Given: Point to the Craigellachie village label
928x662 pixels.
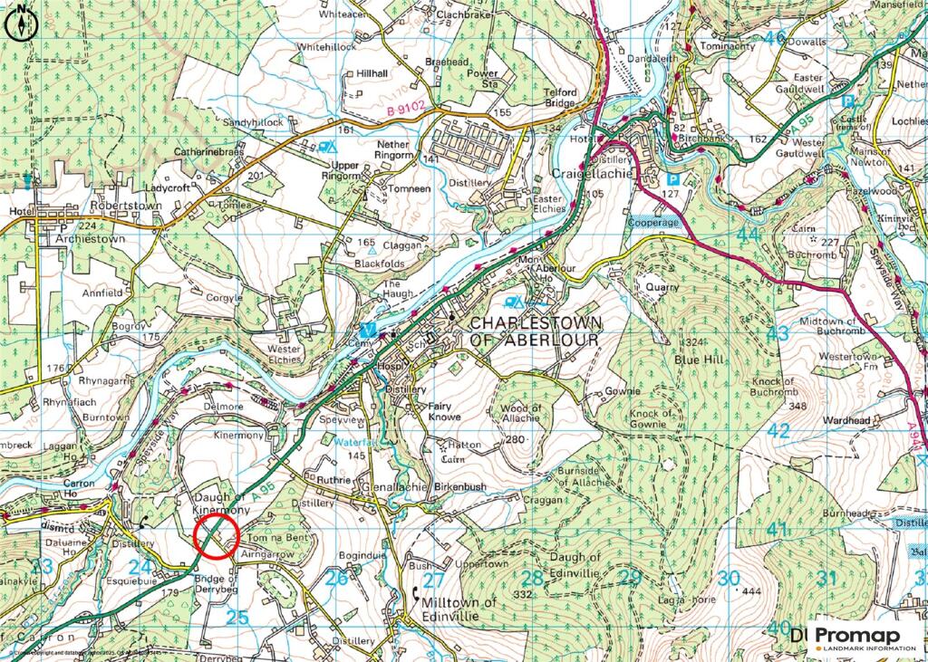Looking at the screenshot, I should tap(590, 173).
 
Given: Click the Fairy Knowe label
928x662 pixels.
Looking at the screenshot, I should tap(443, 411).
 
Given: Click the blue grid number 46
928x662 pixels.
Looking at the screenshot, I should tap(774, 38).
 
